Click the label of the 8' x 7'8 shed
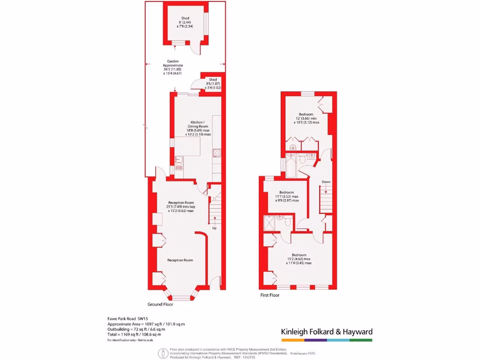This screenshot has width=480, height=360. click(186, 23)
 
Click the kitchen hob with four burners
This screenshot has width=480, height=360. click(217, 152)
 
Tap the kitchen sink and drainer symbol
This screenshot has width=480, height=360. click(179, 164)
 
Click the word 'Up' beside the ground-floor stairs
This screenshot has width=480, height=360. click(214, 228)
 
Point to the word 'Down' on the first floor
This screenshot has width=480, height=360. click(326, 182)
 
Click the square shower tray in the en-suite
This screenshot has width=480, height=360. click(270, 224)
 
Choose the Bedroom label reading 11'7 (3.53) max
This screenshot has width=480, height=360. click(286, 196)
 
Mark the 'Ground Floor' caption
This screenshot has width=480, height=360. click(160, 304)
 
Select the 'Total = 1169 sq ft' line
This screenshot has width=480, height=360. click(134, 335)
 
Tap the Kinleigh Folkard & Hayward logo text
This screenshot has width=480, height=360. click(326, 332)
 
